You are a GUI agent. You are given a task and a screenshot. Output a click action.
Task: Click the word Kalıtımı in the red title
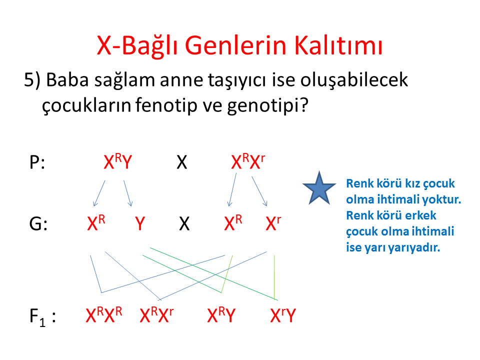[x=338, y=45]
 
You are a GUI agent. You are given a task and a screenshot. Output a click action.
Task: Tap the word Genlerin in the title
[x=235, y=45]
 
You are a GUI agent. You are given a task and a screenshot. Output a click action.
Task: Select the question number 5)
[x=32, y=80]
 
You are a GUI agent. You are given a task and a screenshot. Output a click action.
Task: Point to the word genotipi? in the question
[x=267, y=105]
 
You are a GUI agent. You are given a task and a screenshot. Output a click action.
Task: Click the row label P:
[x=37, y=162]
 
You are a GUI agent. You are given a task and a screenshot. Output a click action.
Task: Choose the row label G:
[x=38, y=223]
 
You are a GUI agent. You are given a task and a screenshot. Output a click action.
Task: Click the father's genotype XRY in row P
[x=118, y=161]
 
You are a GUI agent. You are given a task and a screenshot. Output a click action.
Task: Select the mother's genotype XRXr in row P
[x=248, y=161]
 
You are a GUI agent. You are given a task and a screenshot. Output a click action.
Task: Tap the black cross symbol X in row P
[x=182, y=162]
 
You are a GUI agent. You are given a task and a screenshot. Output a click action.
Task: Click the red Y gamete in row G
[x=140, y=223]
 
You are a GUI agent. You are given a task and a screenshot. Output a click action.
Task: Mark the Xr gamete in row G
[x=273, y=223]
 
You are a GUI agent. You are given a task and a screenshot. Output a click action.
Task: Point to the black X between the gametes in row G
[x=184, y=223]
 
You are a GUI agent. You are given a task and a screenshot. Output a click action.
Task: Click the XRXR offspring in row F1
[x=104, y=314]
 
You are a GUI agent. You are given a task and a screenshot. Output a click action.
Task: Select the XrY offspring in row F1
[x=283, y=315]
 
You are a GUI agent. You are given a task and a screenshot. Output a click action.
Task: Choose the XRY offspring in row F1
[x=221, y=314]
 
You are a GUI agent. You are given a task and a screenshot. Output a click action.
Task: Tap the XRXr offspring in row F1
[x=156, y=314]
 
